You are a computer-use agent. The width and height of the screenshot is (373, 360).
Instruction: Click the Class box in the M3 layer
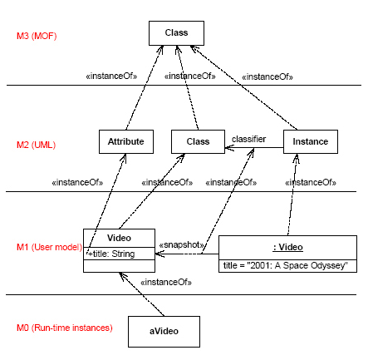[x=176, y=33]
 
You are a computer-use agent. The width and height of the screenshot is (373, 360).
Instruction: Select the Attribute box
[x=126, y=141]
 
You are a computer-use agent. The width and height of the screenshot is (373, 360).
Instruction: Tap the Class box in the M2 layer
[x=198, y=141]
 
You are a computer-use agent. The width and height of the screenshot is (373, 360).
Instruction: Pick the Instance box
[x=311, y=141]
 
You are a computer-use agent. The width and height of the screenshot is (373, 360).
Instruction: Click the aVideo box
[x=164, y=332]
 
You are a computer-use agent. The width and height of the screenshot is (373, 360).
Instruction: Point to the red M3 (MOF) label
[x=37, y=36]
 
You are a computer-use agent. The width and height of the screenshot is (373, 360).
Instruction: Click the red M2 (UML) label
[x=36, y=145]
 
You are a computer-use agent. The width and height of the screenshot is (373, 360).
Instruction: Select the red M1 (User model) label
[x=49, y=247]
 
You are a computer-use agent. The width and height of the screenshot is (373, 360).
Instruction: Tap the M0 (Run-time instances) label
[x=65, y=328]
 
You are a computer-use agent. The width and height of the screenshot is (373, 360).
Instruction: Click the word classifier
[x=248, y=139]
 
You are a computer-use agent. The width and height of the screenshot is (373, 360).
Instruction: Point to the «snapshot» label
[x=182, y=245]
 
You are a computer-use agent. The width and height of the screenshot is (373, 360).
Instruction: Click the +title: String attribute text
[x=111, y=254]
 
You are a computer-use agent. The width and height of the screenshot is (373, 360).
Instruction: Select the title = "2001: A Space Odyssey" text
[x=286, y=265]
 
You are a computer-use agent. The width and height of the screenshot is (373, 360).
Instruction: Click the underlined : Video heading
[x=288, y=247]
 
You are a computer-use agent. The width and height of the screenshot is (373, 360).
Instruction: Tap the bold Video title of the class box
[x=119, y=238]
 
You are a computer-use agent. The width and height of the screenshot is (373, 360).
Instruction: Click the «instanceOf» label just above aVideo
[x=166, y=283]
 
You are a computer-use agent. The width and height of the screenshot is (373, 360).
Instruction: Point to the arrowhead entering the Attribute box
[x=124, y=158]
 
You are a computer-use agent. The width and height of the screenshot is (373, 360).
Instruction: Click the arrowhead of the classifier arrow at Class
[x=229, y=148]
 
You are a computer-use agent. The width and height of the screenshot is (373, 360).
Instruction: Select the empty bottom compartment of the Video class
[x=119, y=266]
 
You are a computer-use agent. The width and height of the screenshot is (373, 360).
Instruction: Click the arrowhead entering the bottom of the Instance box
[x=297, y=158]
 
